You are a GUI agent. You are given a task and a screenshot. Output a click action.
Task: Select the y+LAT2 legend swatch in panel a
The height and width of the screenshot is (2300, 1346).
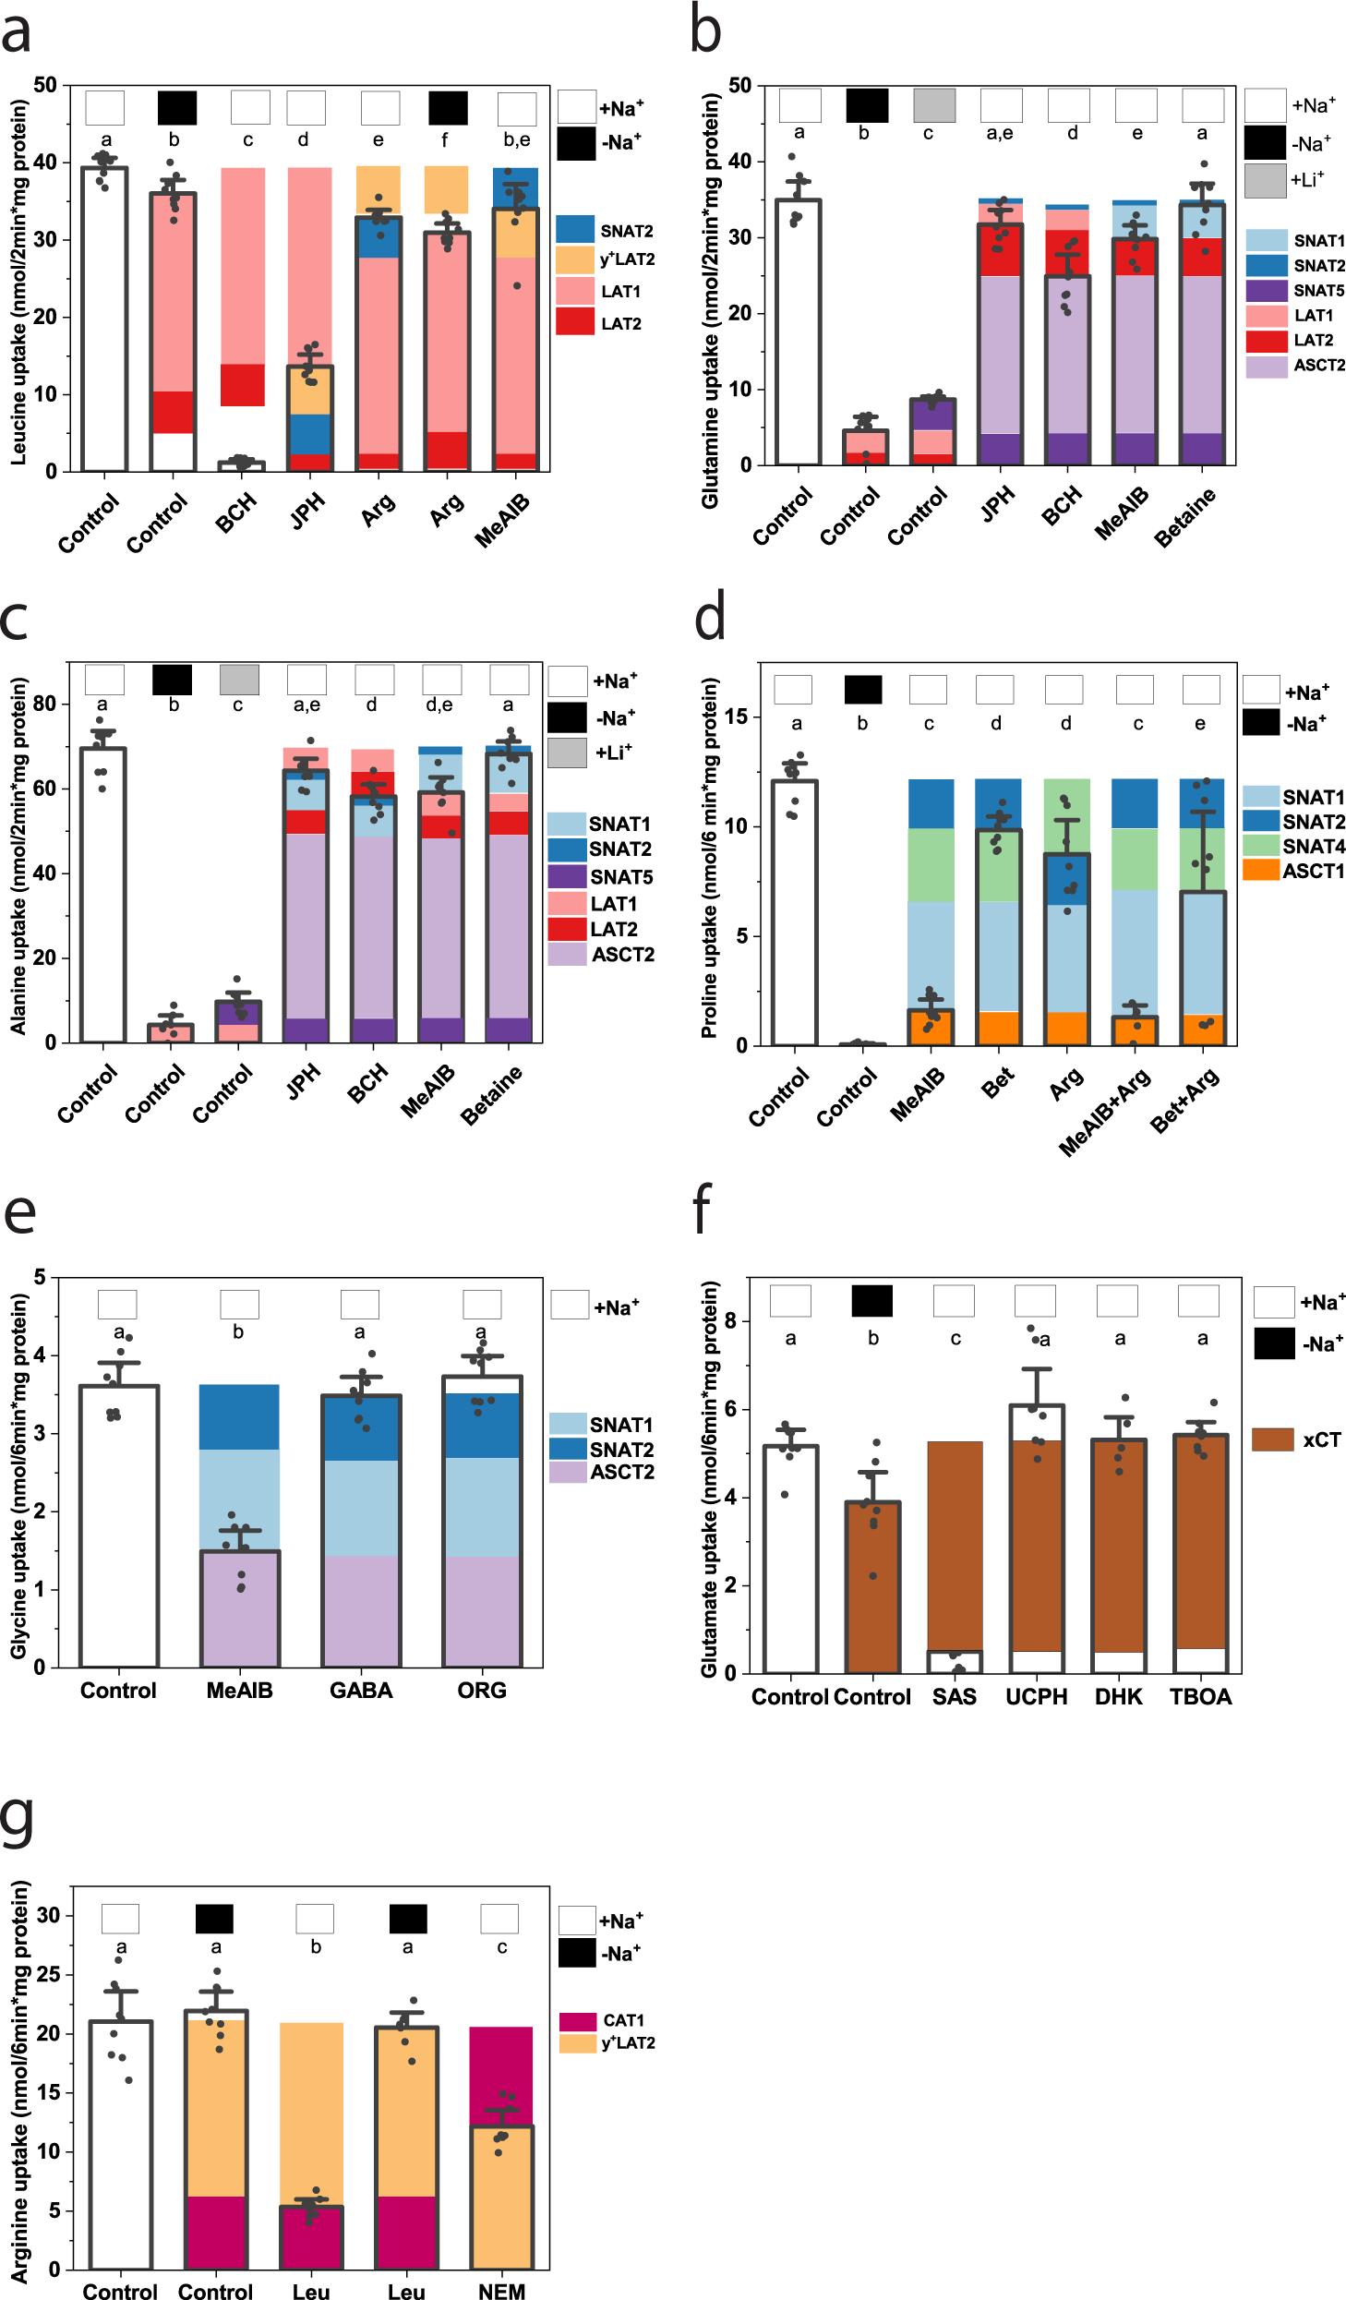(x=574, y=259)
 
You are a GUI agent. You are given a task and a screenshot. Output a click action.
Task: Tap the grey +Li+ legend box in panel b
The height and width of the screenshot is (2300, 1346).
(x=1265, y=180)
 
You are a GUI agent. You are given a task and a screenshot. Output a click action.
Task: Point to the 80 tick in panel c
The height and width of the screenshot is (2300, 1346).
(x=44, y=704)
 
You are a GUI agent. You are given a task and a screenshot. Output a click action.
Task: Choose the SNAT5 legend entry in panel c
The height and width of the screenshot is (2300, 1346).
(x=567, y=876)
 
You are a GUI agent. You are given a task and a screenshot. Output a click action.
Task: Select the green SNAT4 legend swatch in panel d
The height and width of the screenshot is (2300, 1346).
(x=1260, y=846)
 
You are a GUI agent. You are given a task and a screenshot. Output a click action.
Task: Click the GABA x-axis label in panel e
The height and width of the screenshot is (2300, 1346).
(x=361, y=1690)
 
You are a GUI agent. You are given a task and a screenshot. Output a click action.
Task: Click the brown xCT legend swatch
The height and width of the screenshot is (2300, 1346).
(x=1273, y=1439)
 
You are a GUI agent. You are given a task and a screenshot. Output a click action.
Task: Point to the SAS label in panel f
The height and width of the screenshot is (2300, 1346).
(x=955, y=1696)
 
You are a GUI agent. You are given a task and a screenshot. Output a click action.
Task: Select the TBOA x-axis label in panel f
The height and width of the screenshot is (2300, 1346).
(x=1200, y=1696)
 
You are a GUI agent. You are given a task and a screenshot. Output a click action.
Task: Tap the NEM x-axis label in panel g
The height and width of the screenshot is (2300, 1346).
(x=501, y=2290)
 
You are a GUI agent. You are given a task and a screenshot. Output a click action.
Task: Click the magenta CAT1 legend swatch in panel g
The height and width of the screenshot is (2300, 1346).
(x=578, y=2021)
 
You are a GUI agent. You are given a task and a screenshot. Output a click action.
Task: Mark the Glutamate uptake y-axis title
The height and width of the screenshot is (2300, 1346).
(x=709, y=1477)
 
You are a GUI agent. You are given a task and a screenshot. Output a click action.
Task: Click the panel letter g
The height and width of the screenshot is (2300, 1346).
(x=18, y=1819)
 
